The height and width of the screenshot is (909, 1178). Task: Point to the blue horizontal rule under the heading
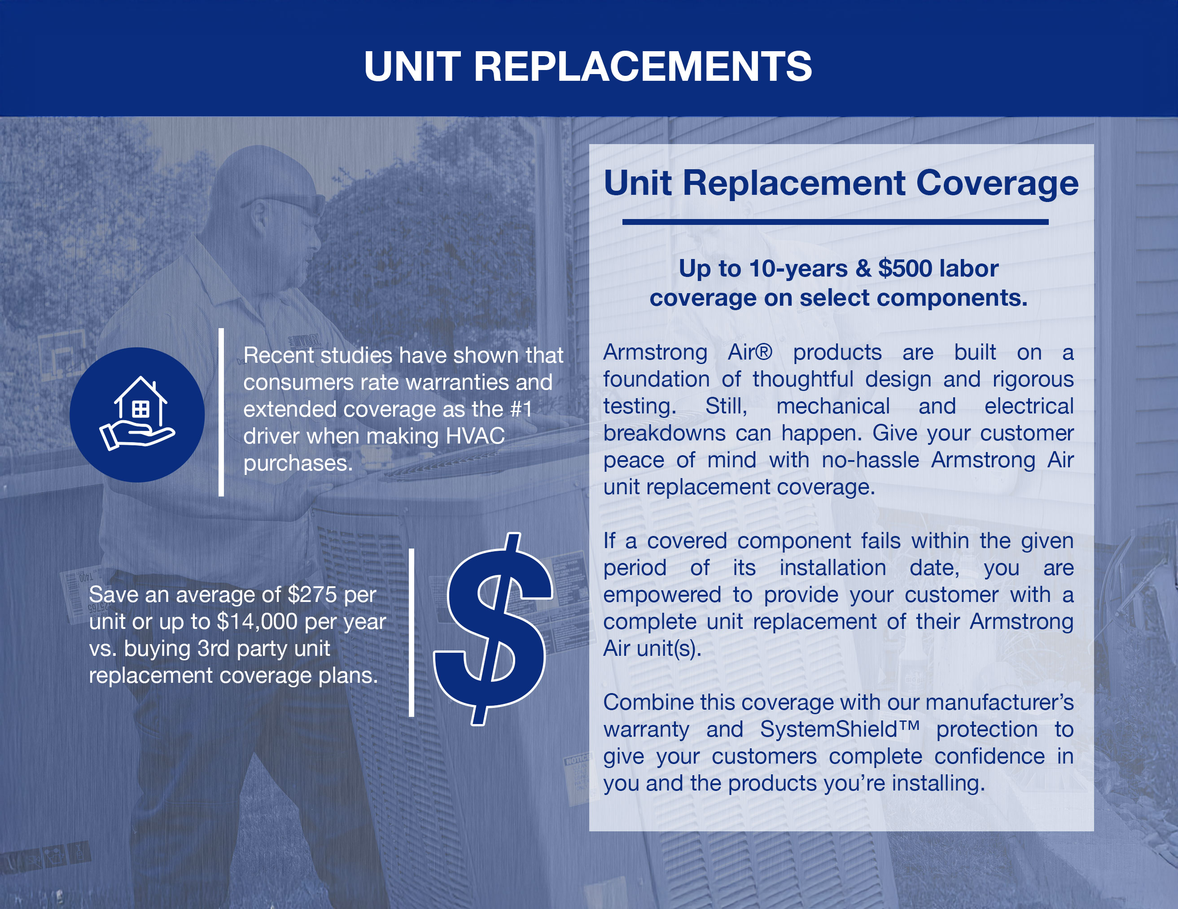coord(836,222)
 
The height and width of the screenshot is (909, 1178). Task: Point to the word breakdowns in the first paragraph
coord(665,433)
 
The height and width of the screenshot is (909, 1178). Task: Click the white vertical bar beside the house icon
coord(221,412)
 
